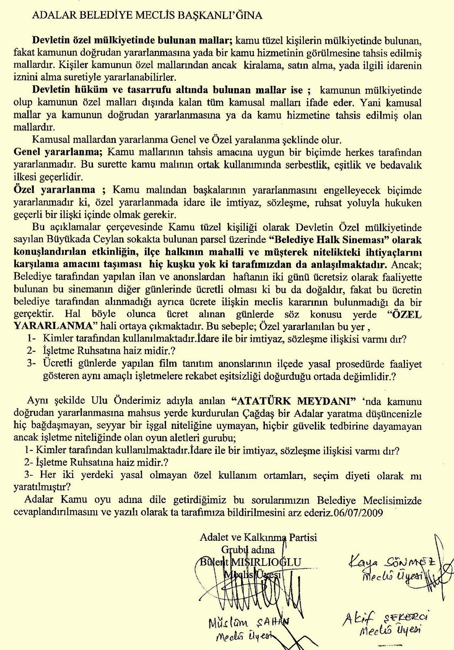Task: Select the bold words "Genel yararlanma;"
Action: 57,153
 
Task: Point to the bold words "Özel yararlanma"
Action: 54,190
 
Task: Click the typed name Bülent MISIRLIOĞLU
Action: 251,562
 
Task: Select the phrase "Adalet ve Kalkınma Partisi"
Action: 258,537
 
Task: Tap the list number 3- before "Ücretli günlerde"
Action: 32,363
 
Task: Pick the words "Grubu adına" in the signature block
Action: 248,550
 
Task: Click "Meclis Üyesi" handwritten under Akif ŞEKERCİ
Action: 389,630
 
